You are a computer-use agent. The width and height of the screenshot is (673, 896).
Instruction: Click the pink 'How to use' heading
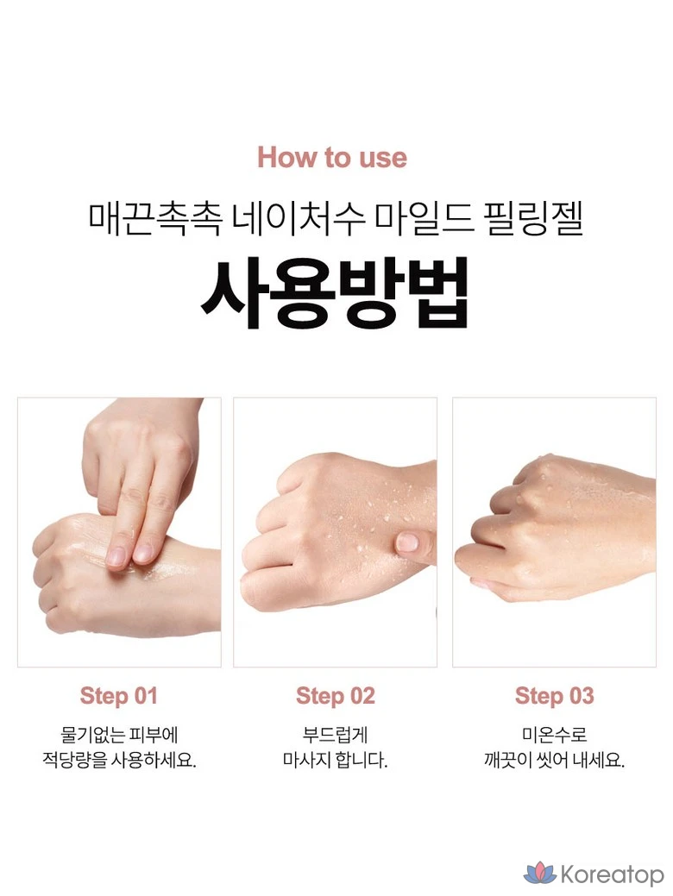point(332,157)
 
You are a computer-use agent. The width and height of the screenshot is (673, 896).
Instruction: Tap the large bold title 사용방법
point(335,291)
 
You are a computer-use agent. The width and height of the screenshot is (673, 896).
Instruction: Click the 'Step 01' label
point(118,696)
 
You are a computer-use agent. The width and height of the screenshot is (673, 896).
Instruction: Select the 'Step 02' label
point(335,696)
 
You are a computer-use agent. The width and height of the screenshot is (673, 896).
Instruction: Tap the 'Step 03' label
point(554,696)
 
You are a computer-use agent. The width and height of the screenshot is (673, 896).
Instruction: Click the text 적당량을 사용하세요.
point(120,761)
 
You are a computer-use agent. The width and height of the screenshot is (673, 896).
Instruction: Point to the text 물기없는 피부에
point(120,734)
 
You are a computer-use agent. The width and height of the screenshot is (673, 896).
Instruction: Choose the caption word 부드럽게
point(335,734)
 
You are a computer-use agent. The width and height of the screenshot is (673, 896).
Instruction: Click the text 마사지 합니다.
point(335,761)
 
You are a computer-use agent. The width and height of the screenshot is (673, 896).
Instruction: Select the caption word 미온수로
point(554,734)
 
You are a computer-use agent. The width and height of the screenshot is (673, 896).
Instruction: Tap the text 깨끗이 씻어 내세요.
point(554,761)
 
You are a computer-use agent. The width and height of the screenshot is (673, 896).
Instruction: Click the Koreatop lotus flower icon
point(540,873)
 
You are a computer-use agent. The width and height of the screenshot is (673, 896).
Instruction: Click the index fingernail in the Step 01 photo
point(116,555)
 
